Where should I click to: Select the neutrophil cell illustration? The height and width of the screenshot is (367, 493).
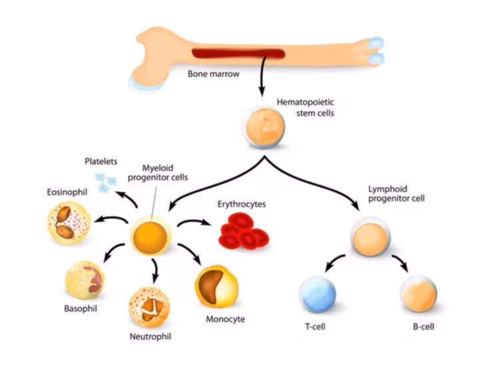(x=149, y=306)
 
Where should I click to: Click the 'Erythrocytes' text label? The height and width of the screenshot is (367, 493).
(x=242, y=204)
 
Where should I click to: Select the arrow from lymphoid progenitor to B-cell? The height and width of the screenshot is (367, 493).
(x=400, y=262)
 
